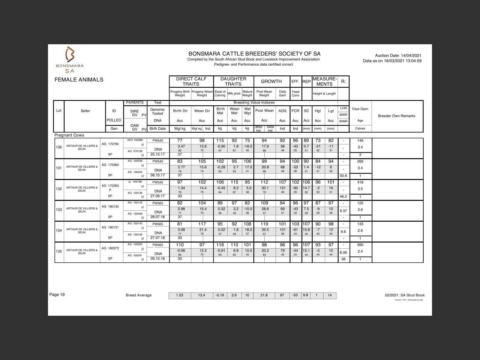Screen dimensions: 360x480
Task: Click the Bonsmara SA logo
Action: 70,60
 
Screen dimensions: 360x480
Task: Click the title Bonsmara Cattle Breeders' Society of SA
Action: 254,54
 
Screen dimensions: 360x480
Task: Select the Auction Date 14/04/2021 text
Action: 398,55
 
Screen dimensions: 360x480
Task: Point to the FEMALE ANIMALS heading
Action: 79,79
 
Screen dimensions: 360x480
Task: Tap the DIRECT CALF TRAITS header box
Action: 191,81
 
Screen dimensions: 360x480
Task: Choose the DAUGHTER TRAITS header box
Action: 233,81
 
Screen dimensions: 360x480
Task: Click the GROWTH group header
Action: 271,81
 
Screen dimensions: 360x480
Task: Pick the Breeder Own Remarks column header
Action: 396,116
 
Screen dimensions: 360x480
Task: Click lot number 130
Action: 59,147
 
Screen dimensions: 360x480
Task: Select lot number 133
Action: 59,210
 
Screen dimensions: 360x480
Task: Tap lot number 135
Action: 59,251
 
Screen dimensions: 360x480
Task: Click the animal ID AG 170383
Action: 110,165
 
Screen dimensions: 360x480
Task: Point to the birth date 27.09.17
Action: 157,196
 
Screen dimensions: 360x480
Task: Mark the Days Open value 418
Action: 360,182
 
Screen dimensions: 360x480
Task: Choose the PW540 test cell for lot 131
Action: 157,161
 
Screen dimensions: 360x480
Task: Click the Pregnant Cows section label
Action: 69,135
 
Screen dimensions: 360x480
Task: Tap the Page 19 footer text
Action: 57,295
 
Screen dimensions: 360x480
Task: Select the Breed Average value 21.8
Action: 264,295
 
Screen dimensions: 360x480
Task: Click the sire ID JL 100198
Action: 135,182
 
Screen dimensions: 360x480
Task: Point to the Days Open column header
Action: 360,109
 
